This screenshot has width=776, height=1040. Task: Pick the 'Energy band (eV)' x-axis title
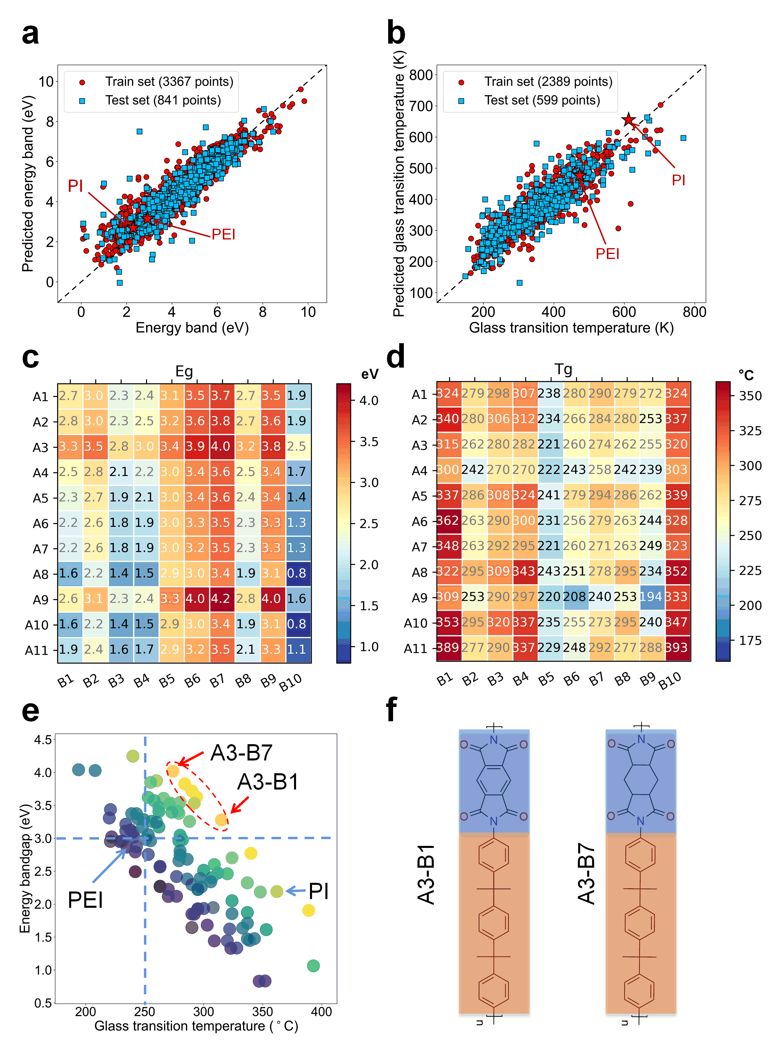(192, 327)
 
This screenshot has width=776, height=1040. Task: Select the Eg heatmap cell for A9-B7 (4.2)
(220, 598)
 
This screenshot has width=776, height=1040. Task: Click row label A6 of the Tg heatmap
(419, 521)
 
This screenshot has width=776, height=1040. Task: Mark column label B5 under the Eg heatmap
(167, 680)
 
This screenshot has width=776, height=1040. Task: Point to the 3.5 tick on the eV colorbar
(369, 442)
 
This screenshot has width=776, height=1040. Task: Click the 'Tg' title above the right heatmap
(563, 369)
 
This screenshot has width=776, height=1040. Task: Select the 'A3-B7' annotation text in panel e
(241, 753)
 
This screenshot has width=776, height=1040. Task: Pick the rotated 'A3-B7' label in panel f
(586, 874)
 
